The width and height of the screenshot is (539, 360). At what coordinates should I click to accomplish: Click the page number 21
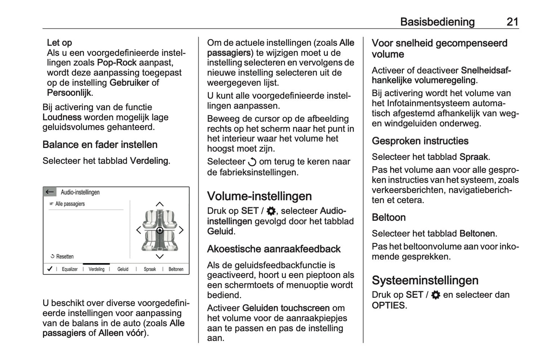point(512,22)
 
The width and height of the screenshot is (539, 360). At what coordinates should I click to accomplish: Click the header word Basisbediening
point(437,22)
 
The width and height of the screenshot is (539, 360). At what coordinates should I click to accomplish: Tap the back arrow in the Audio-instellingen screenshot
point(50,192)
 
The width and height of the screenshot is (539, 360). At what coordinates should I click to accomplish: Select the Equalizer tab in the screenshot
point(69,269)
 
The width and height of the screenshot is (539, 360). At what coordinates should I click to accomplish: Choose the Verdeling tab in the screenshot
point(96,269)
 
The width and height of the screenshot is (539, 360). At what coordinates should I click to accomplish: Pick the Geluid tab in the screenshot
point(123,269)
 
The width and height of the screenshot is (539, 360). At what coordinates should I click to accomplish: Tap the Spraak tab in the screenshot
point(150,269)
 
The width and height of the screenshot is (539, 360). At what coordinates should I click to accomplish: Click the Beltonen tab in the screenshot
point(176,269)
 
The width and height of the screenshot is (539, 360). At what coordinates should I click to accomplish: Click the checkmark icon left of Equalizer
point(50,269)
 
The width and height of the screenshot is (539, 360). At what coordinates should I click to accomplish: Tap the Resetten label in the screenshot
point(64,256)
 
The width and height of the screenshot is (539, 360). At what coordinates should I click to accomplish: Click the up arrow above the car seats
point(160,204)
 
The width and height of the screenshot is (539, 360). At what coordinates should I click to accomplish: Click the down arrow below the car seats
point(160,256)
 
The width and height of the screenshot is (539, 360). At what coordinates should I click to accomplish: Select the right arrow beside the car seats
point(181,230)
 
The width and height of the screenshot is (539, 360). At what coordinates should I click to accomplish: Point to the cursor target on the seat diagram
point(160,230)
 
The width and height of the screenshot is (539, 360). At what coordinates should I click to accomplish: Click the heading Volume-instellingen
point(259,196)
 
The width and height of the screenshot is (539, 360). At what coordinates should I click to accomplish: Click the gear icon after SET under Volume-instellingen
point(271,211)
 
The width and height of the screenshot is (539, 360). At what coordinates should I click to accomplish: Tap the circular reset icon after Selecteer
point(252,162)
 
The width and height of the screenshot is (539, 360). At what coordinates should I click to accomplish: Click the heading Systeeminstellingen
point(425,280)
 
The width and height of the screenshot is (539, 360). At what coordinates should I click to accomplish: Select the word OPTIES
point(388,306)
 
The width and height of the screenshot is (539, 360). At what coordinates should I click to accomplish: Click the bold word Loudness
point(62,117)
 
